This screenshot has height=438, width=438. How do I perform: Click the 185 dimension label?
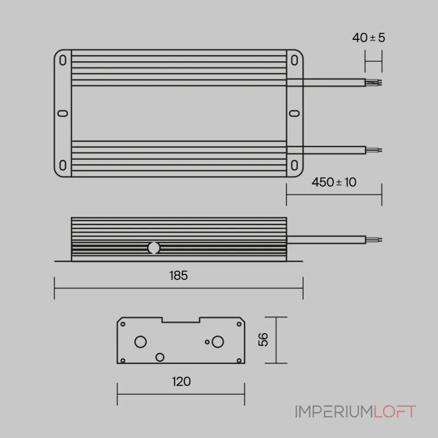[178, 275]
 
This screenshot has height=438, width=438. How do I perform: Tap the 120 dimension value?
[181, 382]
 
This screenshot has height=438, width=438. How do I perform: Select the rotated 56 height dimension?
[263, 339]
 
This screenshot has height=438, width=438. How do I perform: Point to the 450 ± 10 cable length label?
[334, 182]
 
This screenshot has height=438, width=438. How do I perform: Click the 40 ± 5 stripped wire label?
[368, 38]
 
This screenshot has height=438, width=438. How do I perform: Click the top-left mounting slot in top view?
[63, 60]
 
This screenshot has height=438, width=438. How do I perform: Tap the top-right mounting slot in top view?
[295, 60]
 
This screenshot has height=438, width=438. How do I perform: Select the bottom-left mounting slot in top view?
[63, 165]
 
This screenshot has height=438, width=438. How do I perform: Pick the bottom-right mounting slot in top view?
[295, 165]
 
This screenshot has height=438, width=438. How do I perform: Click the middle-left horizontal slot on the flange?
[62, 113]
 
